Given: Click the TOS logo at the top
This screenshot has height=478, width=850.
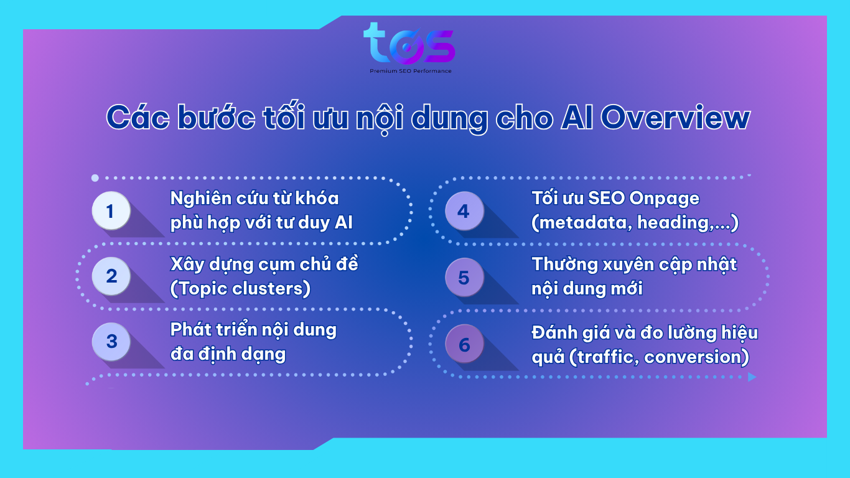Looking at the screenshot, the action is (x=409, y=44).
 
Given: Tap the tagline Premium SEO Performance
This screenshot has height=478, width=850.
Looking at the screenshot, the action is (x=411, y=71).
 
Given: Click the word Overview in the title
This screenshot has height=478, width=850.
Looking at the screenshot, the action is (x=675, y=118).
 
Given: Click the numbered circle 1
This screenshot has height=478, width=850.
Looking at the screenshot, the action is (x=111, y=211).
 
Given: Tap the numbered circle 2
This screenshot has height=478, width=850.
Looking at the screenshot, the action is (x=111, y=276).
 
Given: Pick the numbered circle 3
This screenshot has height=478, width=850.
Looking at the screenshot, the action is (x=111, y=341).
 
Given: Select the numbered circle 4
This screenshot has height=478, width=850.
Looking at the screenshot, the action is (x=464, y=211).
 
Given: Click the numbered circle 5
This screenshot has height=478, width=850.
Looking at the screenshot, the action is (x=464, y=277).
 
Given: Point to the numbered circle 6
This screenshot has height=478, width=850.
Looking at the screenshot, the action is (x=464, y=344).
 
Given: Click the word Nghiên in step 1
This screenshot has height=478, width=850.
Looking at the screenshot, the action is (x=200, y=199).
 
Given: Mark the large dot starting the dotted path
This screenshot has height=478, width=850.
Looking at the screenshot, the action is (x=95, y=177).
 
